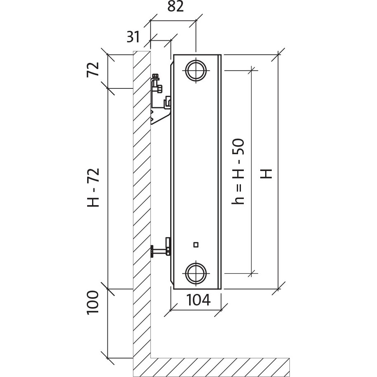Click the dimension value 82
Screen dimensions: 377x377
176,7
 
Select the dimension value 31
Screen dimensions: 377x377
133,37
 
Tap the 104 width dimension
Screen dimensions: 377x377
199,300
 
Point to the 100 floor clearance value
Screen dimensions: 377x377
93,302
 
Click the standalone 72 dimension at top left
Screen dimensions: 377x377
93,69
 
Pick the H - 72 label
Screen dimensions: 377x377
93,187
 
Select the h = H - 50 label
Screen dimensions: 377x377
238,171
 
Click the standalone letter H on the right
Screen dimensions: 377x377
266,174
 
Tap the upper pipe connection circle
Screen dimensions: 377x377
196,71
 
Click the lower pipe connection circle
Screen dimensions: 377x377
196,273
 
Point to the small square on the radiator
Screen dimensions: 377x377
196,245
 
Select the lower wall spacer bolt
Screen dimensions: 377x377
160,250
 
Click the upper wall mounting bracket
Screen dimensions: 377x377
160,101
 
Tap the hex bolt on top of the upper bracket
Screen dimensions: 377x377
155,77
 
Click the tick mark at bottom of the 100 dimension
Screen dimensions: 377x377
107,358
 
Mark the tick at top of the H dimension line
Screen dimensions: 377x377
278,55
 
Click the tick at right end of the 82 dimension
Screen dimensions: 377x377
196,21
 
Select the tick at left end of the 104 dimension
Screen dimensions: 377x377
171,310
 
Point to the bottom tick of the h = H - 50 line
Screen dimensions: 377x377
252,273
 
